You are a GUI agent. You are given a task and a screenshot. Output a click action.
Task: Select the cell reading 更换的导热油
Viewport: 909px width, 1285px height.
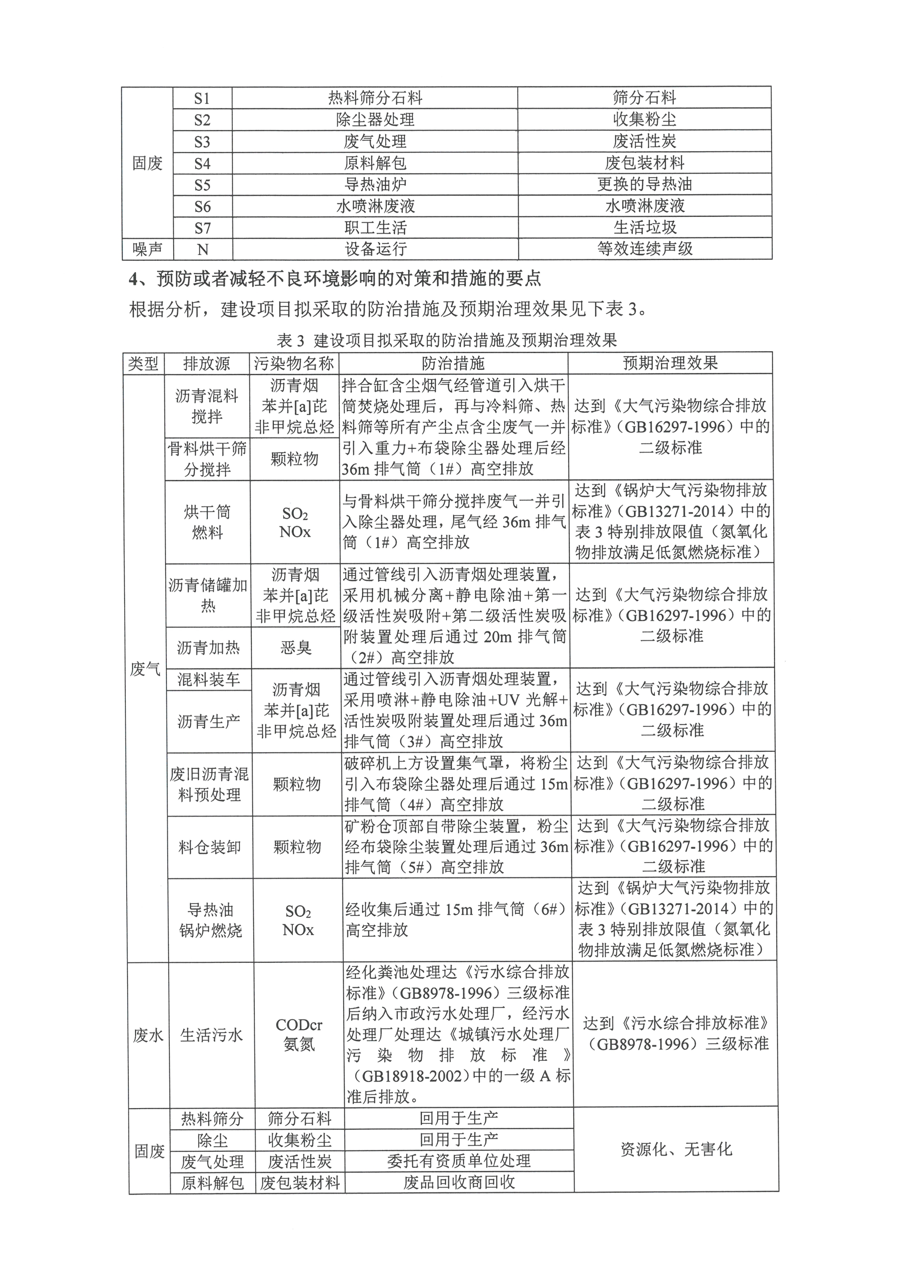tap(644, 184)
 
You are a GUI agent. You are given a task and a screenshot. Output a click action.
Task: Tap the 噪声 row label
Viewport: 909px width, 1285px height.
tap(147, 249)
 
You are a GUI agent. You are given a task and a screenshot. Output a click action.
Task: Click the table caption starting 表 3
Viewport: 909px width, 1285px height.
tap(447, 340)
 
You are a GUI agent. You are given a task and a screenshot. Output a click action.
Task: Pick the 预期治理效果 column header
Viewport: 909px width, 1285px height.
tap(670, 363)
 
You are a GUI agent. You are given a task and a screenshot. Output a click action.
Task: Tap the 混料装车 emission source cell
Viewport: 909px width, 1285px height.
tap(208, 679)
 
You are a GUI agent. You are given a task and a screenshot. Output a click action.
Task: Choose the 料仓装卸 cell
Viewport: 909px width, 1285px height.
tap(210, 847)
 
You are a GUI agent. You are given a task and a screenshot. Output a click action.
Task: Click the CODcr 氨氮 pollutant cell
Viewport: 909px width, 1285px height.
tap(299, 1034)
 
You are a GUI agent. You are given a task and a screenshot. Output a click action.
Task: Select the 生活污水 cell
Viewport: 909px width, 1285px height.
tap(211, 1035)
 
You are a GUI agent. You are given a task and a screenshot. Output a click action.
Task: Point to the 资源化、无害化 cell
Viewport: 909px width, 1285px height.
tap(676, 1149)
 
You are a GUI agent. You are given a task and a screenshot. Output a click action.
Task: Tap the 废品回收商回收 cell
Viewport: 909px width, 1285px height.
tap(459, 1182)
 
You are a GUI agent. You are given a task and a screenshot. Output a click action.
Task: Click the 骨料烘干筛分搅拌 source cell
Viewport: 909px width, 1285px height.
tap(207, 459)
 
